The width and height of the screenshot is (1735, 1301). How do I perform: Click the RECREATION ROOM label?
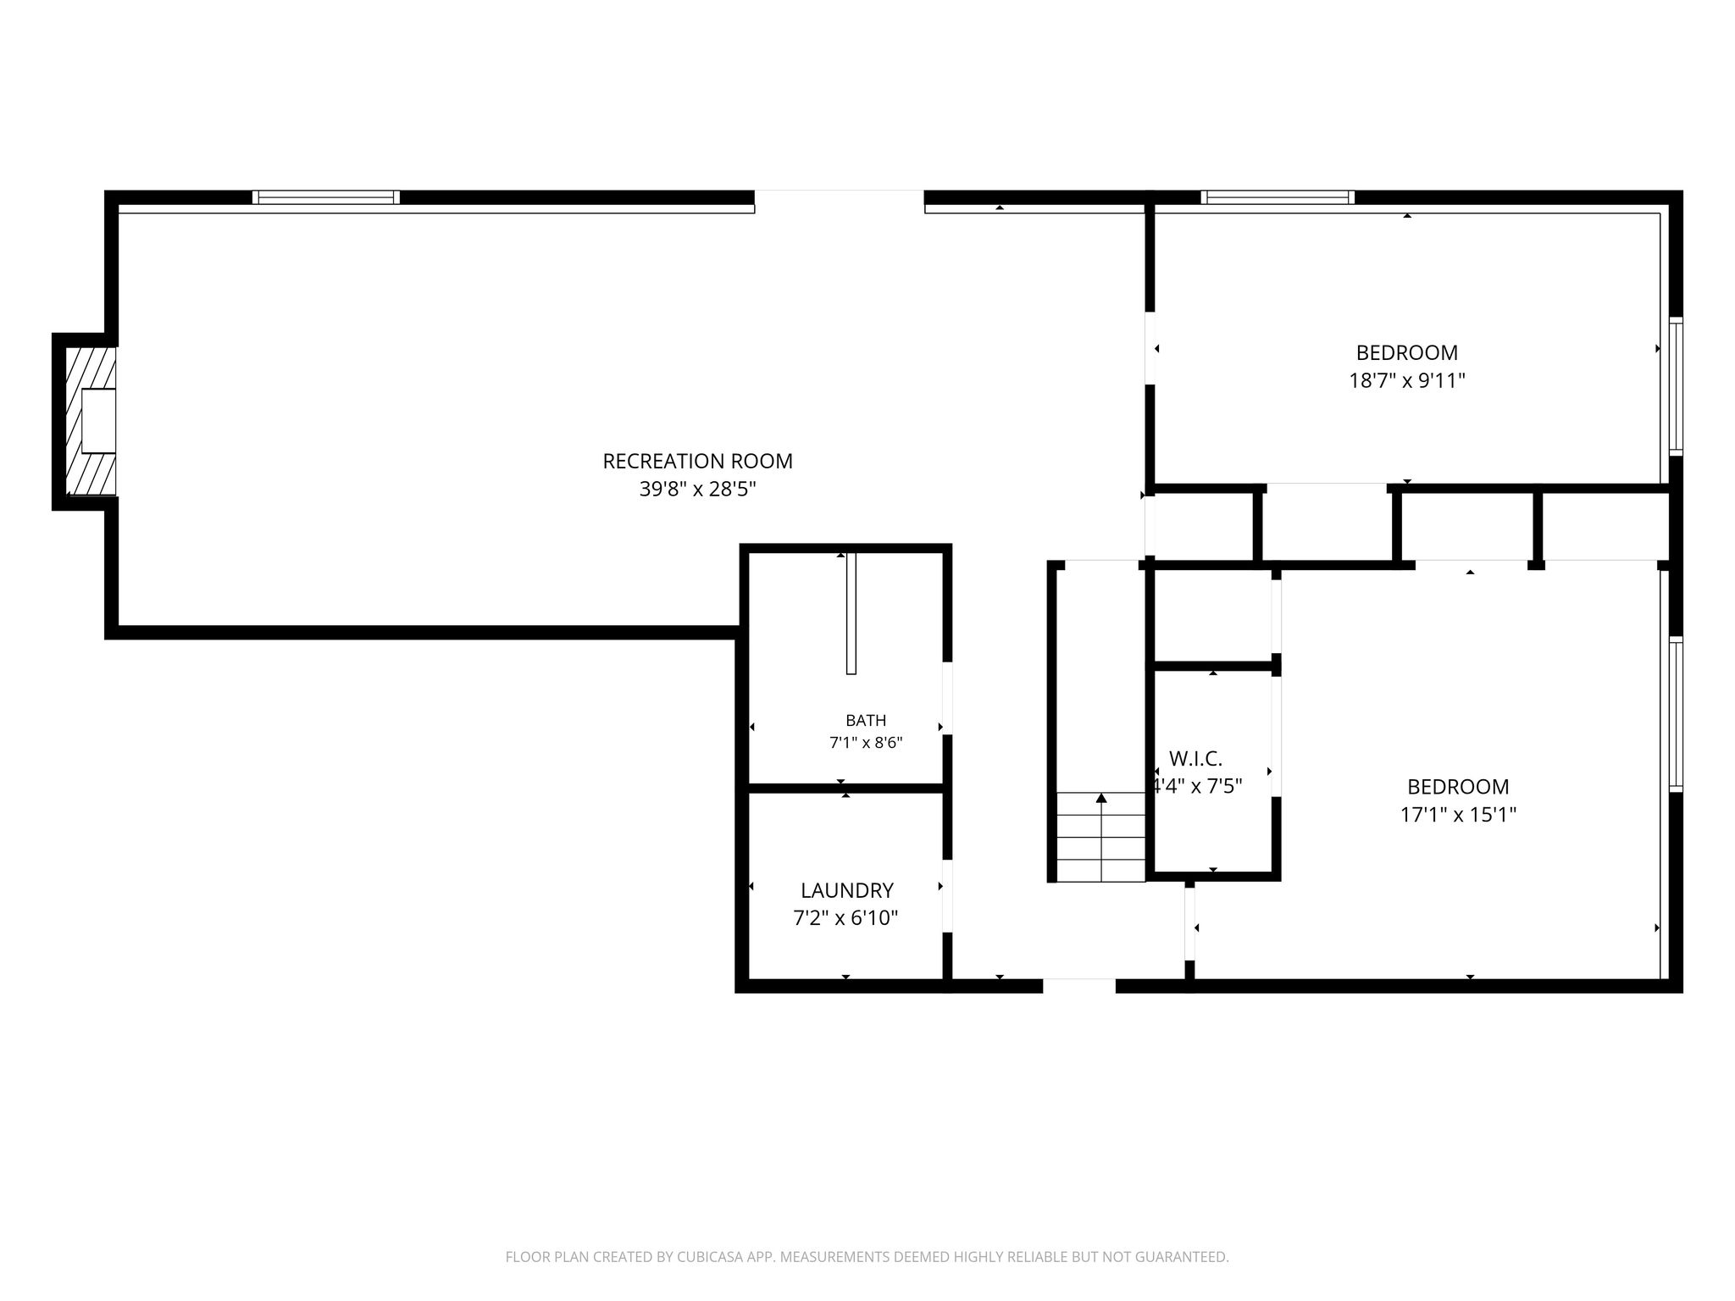point(697,462)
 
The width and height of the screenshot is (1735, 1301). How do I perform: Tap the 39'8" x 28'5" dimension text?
point(697,490)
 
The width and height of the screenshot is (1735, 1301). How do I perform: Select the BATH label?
point(866,721)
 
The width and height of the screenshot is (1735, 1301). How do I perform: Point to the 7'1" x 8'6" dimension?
point(866,744)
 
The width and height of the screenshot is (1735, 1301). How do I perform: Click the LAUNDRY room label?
point(846,891)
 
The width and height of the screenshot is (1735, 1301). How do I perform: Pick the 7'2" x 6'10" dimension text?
point(845,918)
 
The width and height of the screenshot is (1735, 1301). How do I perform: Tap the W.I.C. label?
point(1195,758)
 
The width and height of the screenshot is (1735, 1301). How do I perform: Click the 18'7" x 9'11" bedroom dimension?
point(1407,380)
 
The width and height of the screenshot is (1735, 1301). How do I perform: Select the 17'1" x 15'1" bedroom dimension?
point(1458,815)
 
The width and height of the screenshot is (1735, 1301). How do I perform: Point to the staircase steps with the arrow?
point(1100,837)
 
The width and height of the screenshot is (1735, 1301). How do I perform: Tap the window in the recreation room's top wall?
point(326,197)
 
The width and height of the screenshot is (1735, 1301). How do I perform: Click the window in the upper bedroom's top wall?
point(1278,197)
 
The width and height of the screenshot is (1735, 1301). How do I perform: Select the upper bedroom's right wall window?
point(1676,386)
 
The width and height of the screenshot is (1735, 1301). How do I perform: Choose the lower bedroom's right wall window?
point(1676,714)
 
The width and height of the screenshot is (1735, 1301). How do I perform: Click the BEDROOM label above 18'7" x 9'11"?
point(1407,352)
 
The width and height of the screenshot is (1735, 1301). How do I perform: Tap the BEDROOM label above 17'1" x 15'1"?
point(1458,787)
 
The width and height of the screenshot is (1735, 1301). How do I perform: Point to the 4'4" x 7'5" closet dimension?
point(1197,786)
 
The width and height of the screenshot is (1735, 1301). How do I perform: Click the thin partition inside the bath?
point(851,613)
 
